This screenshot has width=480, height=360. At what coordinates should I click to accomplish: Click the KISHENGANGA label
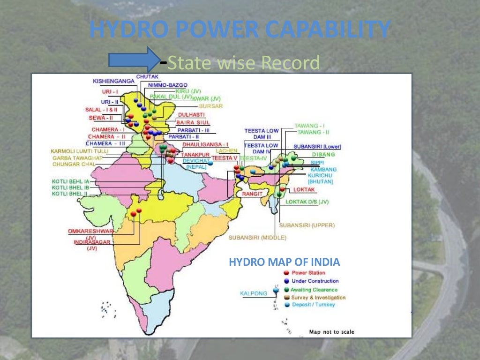(113, 81)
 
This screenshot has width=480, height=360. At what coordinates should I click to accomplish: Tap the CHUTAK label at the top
(147, 76)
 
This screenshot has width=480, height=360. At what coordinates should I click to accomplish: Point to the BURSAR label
(211, 106)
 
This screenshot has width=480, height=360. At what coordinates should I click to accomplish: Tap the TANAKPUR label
(195, 154)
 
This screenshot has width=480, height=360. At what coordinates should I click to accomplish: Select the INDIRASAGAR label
(92, 242)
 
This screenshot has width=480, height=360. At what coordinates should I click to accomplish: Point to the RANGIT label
(252, 193)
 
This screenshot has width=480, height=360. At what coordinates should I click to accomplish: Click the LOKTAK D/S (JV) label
(307, 202)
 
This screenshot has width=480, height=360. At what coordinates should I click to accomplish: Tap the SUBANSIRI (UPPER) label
(307, 225)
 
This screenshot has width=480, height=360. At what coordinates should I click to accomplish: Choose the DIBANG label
(324, 155)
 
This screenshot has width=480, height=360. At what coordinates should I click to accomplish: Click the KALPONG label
(254, 294)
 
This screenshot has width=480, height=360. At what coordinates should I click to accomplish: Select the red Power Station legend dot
(286, 273)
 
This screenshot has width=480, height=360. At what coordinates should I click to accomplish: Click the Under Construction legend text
(315, 281)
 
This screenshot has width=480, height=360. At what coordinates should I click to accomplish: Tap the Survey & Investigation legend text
(318, 298)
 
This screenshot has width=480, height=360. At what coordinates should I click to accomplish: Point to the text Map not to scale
(331, 332)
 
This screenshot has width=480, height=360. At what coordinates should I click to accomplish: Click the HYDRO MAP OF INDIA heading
(284, 262)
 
